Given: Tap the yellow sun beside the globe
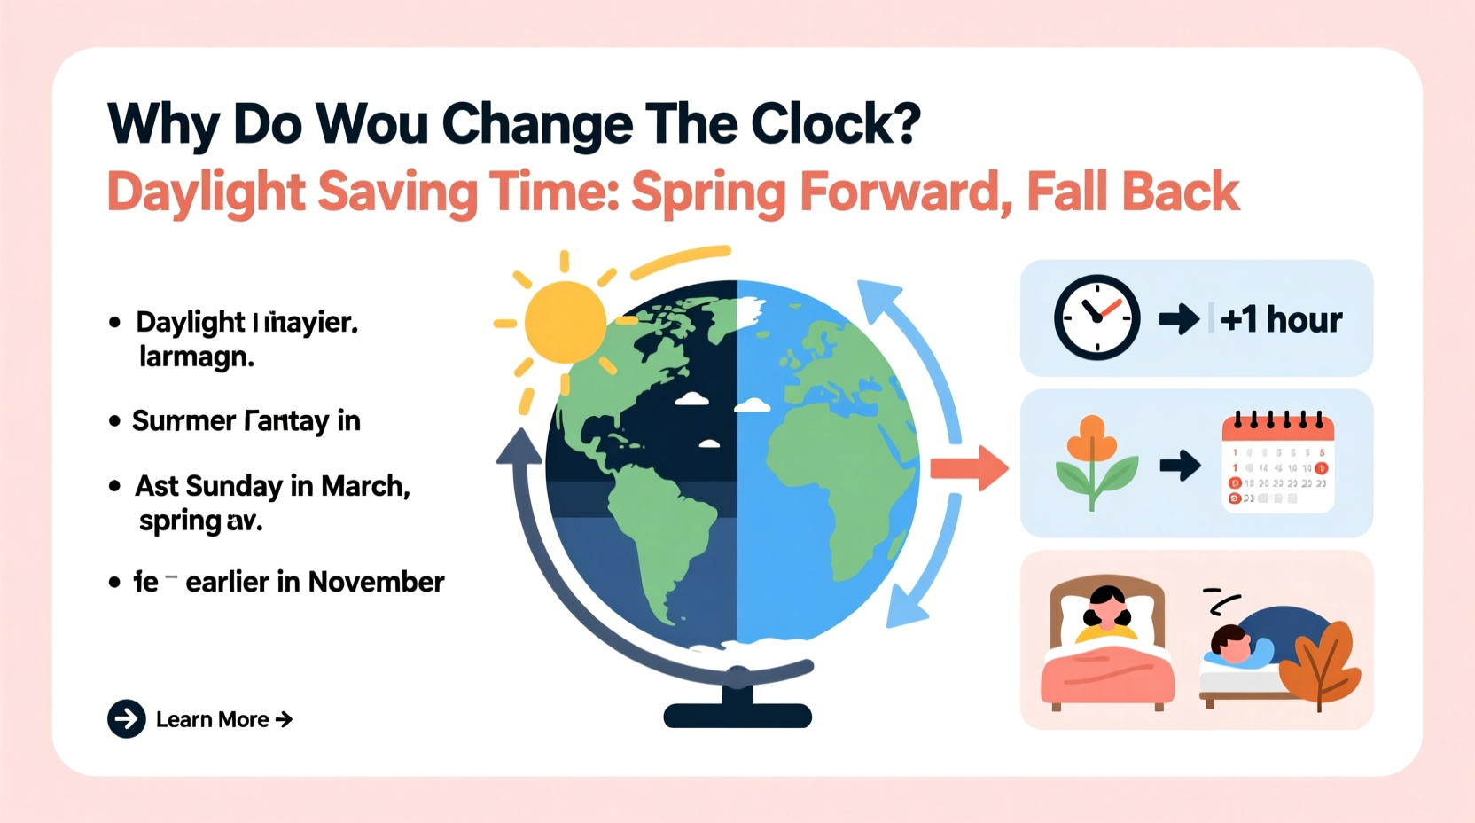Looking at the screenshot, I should (565, 321).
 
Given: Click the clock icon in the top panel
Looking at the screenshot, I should (1096, 317).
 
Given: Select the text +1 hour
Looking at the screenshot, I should (1280, 319).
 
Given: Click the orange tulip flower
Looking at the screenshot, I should (1093, 441).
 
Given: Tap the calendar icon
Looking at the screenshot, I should (1277, 463).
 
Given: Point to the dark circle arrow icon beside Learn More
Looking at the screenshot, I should (127, 719).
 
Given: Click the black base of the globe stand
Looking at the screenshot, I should (737, 715).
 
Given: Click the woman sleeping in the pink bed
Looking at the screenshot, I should (1106, 612).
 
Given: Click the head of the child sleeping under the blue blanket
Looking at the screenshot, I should (1229, 642).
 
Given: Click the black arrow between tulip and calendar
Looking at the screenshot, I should (1180, 465).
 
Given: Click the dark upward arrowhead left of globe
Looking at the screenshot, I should (519, 446).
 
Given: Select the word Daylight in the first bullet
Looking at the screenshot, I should (190, 322).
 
